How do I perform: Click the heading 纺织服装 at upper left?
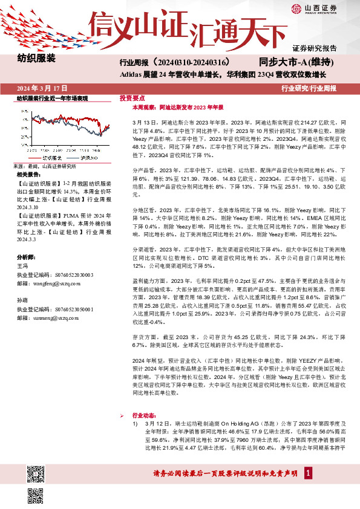point(37,59)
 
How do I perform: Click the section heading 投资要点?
point(133,97)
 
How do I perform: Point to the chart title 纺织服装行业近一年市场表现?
point(53,98)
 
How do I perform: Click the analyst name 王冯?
point(22,265)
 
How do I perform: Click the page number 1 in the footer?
point(308,475)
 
